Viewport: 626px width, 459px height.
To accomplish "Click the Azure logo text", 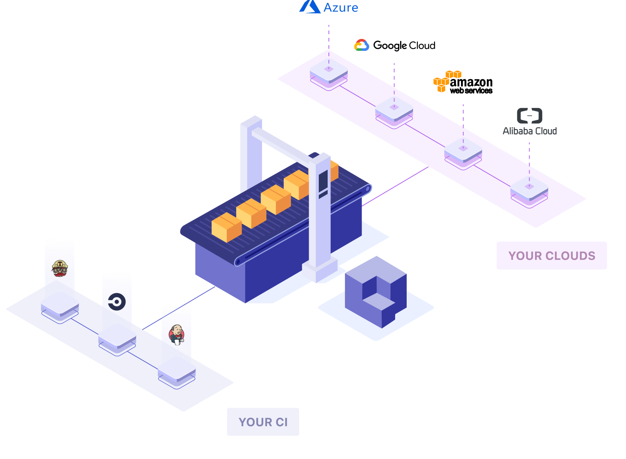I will click(341, 8).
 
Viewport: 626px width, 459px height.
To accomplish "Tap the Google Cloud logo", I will click(362, 45).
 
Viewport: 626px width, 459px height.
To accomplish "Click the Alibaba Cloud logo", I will click(529, 122).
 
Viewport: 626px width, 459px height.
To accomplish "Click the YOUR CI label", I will click(263, 422).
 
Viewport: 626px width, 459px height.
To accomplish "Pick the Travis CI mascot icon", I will click(60, 268).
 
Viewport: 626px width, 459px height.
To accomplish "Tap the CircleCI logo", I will click(117, 302).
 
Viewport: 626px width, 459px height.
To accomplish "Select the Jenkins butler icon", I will click(177, 335).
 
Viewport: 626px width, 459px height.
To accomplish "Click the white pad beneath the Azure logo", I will click(329, 70).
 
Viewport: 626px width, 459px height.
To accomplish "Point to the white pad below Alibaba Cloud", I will click(529, 188).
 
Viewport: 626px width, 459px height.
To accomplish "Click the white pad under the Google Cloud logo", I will click(394, 108).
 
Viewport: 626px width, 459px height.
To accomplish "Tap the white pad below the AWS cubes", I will click(463, 149).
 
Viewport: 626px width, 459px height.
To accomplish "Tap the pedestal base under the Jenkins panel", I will click(177, 369).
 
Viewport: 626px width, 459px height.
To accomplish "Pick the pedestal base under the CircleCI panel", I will click(117, 336).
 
